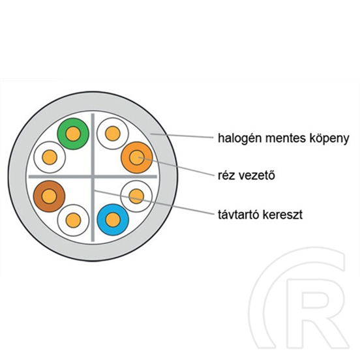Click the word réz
point(226,176)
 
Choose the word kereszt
point(282,215)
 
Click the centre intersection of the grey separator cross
point(93,177)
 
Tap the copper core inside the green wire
point(73,134)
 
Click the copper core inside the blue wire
point(113,220)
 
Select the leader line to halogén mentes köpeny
point(181,136)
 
